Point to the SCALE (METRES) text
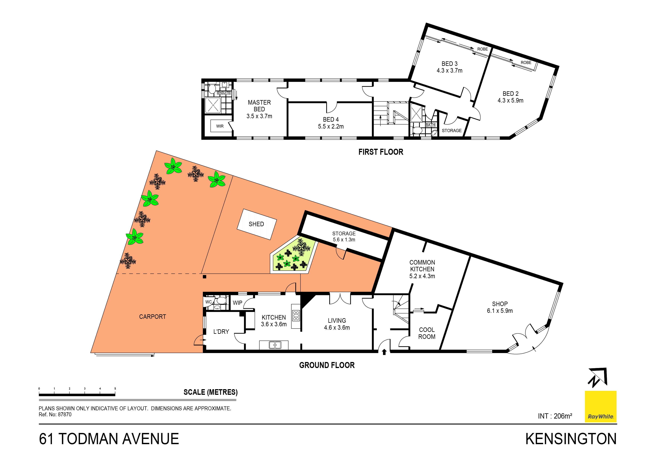tap(210, 392)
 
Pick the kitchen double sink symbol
tap(275, 345)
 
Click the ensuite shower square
tap(213, 105)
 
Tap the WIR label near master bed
tap(220, 126)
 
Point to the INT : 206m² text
tap(555, 416)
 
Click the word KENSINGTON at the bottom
tap(571, 439)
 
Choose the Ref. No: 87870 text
tap(55, 415)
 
